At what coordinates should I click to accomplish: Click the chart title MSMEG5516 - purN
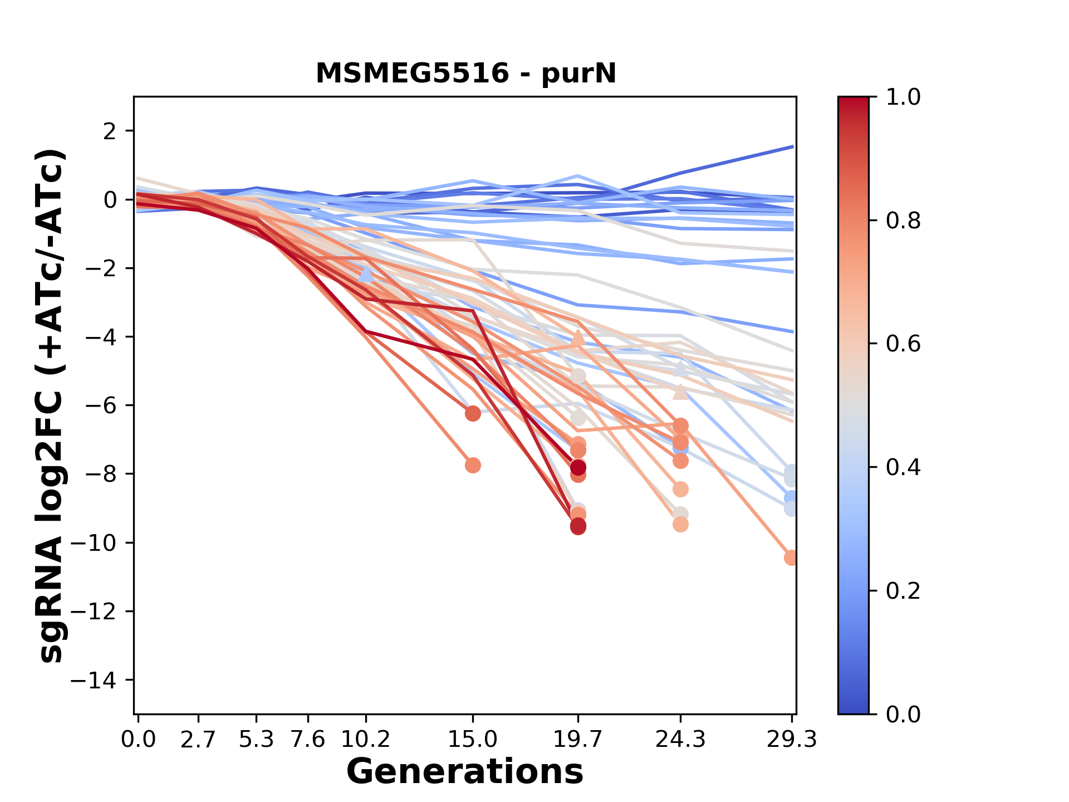tap(465, 74)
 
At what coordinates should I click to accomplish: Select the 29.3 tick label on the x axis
tap(791, 740)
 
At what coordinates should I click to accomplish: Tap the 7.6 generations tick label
tap(308, 740)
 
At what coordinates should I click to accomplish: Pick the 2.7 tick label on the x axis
tap(198, 740)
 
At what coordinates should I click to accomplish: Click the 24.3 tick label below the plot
tap(680, 740)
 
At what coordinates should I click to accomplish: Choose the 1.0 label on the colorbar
tap(903, 97)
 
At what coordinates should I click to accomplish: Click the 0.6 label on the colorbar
tap(903, 344)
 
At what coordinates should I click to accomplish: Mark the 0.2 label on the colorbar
tap(903, 590)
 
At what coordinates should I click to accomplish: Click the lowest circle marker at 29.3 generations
tap(791, 558)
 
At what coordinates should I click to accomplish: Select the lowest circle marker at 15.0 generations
tap(473, 465)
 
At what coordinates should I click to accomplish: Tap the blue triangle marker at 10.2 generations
tap(366, 274)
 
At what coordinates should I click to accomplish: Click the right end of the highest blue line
tap(792, 146)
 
